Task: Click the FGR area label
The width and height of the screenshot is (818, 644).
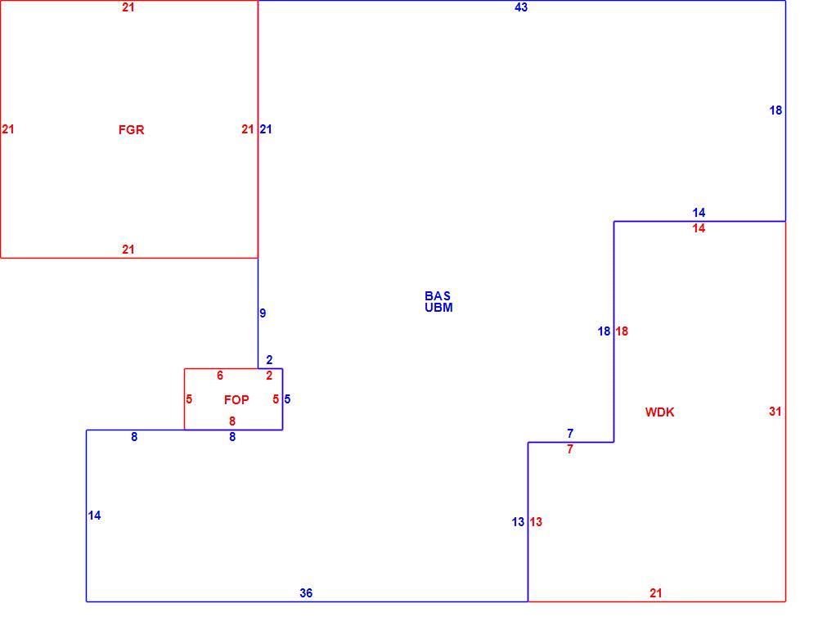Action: (x=131, y=130)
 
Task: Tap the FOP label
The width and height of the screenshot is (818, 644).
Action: (x=236, y=400)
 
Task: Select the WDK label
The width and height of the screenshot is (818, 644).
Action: (x=659, y=412)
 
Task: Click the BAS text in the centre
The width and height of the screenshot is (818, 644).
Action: (x=437, y=296)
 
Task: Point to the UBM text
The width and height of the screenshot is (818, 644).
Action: (x=438, y=308)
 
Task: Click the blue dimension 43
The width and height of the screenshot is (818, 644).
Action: (x=520, y=7)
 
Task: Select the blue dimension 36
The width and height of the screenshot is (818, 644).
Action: (x=306, y=592)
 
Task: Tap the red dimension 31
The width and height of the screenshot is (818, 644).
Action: (x=775, y=412)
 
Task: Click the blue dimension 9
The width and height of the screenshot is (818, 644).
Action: (x=263, y=313)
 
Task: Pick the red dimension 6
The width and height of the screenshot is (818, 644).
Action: (x=219, y=376)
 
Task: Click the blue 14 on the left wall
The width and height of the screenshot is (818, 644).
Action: (x=94, y=516)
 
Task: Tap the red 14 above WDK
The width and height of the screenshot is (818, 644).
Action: (x=699, y=228)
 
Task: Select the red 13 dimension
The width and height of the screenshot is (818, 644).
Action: (x=536, y=522)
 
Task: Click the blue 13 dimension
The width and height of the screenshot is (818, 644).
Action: (x=518, y=522)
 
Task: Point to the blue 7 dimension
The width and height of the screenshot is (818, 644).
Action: (x=570, y=433)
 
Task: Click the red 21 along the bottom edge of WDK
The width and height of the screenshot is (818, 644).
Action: (x=656, y=592)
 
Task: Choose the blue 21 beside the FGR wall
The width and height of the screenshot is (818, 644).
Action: (x=266, y=129)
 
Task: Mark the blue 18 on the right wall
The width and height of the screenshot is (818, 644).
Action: (x=775, y=110)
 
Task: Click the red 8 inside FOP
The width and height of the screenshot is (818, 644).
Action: (x=232, y=421)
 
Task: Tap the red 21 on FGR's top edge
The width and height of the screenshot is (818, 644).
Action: (x=128, y=7)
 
